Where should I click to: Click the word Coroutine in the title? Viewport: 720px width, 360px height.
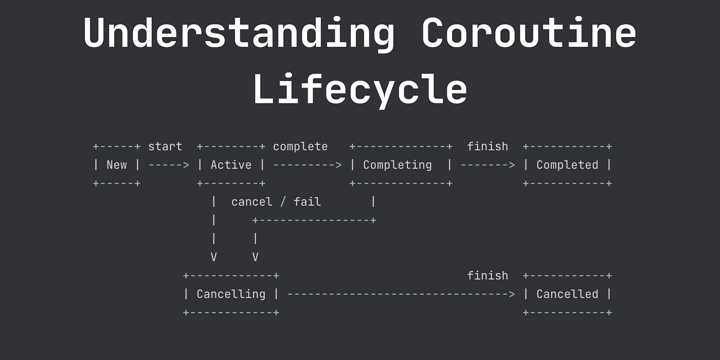tap(529, 32)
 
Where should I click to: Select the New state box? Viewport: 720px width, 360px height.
tap(117, 165)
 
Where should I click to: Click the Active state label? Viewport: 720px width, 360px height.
tap(231, 165)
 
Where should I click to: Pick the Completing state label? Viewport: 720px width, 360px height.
tap(397, 165)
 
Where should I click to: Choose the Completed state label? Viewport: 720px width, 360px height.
tap(567, 165)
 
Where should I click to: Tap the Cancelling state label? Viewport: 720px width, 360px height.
tap(231, 294)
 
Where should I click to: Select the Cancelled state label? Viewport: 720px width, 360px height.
tap(567, 294)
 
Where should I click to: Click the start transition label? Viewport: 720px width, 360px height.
tap(165, 147)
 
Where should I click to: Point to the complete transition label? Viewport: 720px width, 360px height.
tap(300, 147)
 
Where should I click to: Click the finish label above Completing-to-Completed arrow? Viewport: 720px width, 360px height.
tap(488, 147)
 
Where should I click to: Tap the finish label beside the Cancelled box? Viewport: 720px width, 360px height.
tap(488, 276)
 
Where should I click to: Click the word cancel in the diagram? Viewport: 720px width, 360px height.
tap(251, 202)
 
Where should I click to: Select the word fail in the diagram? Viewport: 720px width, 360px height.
tap(308, 202)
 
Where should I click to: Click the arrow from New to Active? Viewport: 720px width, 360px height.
tap(169, 165)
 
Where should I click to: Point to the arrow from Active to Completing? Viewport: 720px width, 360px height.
tap(308, 165)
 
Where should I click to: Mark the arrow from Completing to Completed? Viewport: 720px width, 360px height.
tap(488, 165)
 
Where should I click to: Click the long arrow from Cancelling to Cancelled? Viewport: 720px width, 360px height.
tap(401, 294)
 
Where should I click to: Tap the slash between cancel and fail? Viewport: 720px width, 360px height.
tap(283, 202)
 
